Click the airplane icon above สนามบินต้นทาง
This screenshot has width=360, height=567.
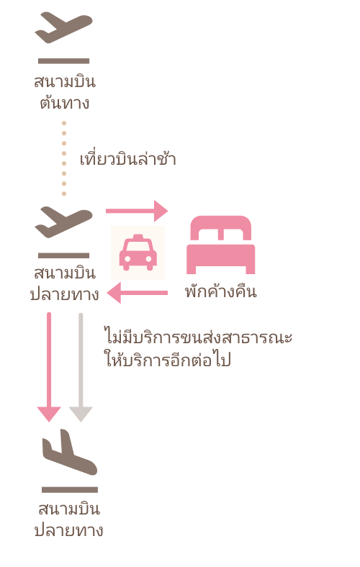(63, 27)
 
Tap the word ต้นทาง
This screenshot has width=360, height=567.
(65, 102)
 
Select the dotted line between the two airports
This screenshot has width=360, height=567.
(64, 158)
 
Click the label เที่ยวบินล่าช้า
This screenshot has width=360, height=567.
(127, 158)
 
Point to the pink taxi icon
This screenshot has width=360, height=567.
(138, 253)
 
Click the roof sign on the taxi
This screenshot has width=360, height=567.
(138, 237)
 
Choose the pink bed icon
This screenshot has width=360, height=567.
(221, 245)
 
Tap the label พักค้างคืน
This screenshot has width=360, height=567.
(221, 291)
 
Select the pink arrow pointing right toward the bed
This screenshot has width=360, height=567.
(137, 210)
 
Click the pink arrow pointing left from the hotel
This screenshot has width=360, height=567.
(138, 293)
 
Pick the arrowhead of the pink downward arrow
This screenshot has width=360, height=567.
(49, 414)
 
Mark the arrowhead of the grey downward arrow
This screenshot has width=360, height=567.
(81, 414)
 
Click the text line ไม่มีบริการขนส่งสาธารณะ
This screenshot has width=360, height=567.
(198, 337)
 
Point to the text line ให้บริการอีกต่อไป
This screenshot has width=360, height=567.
(168, 360)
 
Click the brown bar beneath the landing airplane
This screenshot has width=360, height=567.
(70, 490)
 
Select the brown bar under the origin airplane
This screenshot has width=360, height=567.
(63, 60)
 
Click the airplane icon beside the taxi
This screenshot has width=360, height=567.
(63, 222)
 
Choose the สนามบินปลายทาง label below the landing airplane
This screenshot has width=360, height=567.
(68, 520)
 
